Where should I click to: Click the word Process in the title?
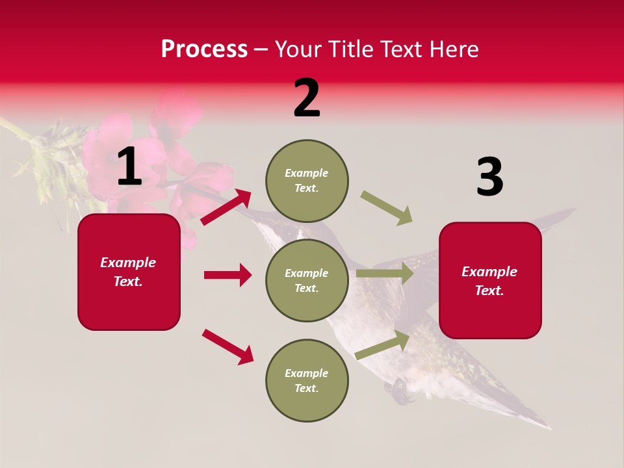pos(204,49)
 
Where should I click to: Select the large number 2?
pos(307,98)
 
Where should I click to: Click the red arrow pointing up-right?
pos(226,207)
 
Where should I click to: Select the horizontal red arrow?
pos(227,275)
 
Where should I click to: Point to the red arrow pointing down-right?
pos(227,346)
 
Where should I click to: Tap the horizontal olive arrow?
pos(385,274)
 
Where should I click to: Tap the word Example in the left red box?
pos(128,263)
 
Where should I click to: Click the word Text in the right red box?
pos(488,291)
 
